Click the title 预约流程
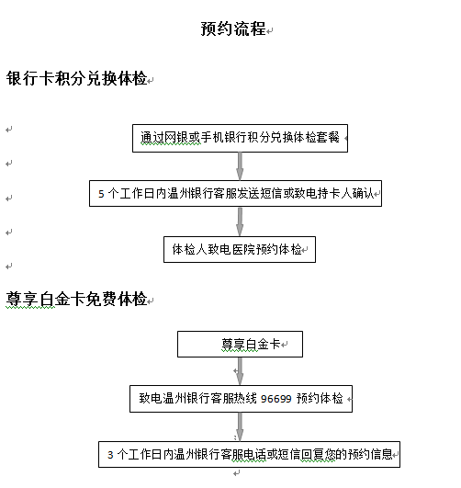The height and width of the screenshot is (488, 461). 233,28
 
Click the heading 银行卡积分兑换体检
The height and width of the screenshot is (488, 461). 76,78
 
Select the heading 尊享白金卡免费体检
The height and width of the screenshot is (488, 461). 76,299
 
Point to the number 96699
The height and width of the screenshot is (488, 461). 275,399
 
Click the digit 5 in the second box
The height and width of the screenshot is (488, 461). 101,194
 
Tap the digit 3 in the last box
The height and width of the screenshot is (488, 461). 110,455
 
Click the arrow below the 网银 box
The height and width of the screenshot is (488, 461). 240,166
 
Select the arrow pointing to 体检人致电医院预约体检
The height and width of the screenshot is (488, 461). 240,221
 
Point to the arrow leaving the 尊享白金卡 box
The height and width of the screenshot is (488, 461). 240,371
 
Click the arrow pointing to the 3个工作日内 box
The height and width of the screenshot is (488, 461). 240,426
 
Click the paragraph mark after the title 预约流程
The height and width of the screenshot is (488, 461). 270,30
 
